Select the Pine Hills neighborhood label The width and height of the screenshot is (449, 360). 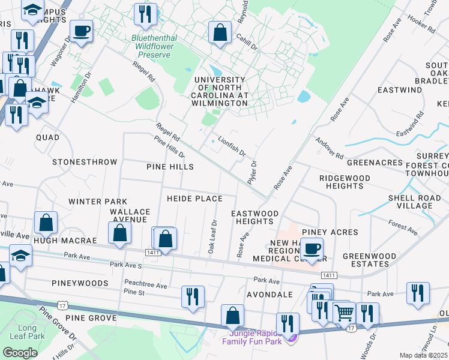(170, 166)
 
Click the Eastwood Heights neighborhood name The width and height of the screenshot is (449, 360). (255, 217)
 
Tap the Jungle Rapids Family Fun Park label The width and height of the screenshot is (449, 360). (252, 337)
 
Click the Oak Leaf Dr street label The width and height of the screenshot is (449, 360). (212, 236)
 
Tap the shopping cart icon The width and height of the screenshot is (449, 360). (343, 312)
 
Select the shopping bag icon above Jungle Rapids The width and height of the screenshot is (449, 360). (232, 315)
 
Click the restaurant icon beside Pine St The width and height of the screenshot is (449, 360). (193, 296)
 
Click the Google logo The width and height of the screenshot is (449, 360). (20, 353)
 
